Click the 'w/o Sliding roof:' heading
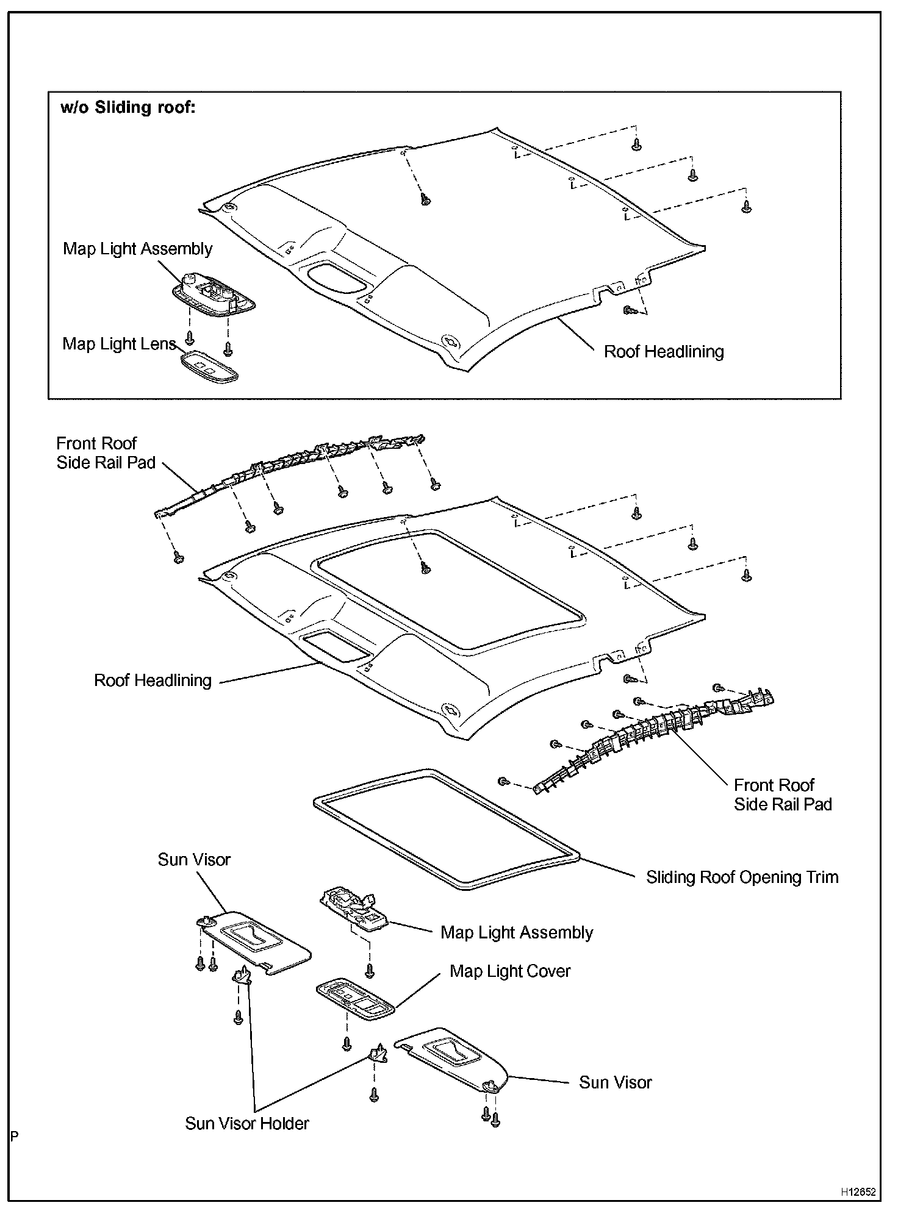[128, 107]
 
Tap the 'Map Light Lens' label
[119, 344]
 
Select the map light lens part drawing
[209, 367]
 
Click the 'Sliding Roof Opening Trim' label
[742, 877]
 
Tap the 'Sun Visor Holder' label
[247, 1123]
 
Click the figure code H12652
[858, 1191]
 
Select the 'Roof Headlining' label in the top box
[664, 352]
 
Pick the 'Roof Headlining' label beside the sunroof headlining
[153, 681]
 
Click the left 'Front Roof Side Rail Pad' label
[106, 453]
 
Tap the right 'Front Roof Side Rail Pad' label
[783, 795]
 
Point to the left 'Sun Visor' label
[194, 860]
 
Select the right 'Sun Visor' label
[616, 1082]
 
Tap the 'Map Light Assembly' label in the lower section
[517, 933]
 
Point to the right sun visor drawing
[454, 1060]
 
